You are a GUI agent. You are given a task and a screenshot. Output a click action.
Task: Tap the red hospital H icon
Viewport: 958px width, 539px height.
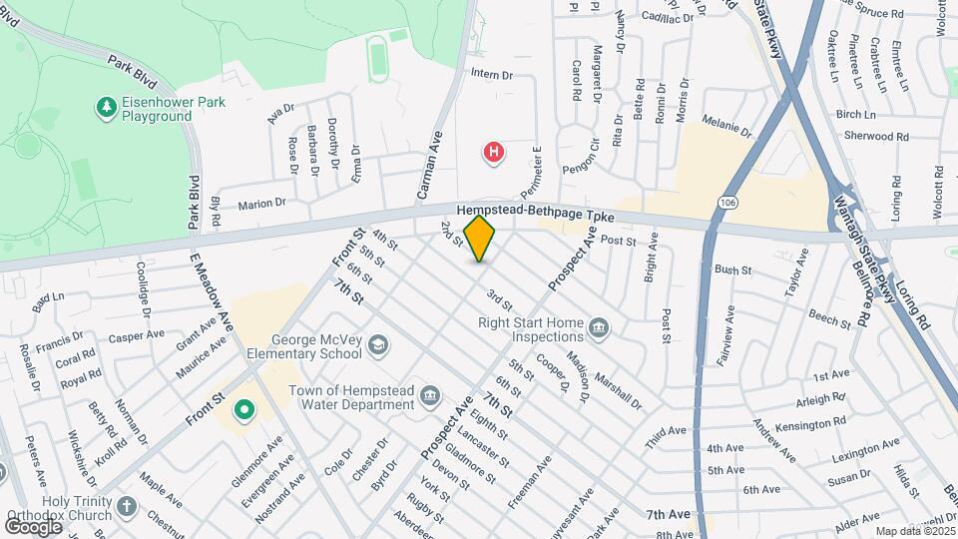coord(493,153)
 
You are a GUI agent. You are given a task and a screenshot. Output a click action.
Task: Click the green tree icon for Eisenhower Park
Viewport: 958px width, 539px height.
coord(105,105)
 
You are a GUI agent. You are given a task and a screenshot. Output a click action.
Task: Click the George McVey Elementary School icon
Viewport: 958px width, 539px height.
coord(377,345)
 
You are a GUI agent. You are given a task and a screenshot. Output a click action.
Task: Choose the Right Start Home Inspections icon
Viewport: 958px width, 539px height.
coord(599,327)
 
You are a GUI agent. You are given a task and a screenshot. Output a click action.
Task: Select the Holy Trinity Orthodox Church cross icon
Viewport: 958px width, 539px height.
coord(126,506)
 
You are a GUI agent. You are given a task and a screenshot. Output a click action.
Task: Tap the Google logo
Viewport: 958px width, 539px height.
coord(33,526)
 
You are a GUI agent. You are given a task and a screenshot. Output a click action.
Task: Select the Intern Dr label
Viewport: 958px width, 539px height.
coord(491,75)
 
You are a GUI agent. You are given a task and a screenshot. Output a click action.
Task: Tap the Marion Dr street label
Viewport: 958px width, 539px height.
coord(261,204)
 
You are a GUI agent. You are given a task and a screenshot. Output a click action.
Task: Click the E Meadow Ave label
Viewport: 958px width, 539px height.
coord(212,293)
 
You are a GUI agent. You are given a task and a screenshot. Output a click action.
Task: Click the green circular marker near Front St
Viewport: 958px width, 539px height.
coord(242,410)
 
